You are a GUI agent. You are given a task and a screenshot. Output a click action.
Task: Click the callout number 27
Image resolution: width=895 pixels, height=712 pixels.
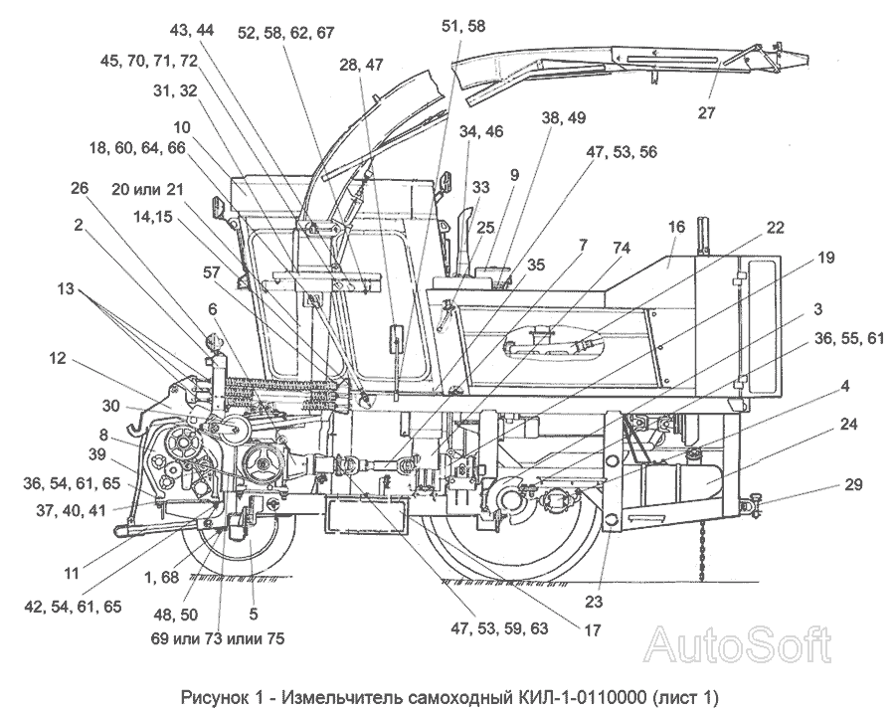[706, 112]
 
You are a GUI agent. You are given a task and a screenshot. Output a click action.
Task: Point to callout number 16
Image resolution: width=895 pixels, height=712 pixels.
[676, 227]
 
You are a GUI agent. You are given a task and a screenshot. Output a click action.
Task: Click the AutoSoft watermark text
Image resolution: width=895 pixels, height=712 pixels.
[737, 645]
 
